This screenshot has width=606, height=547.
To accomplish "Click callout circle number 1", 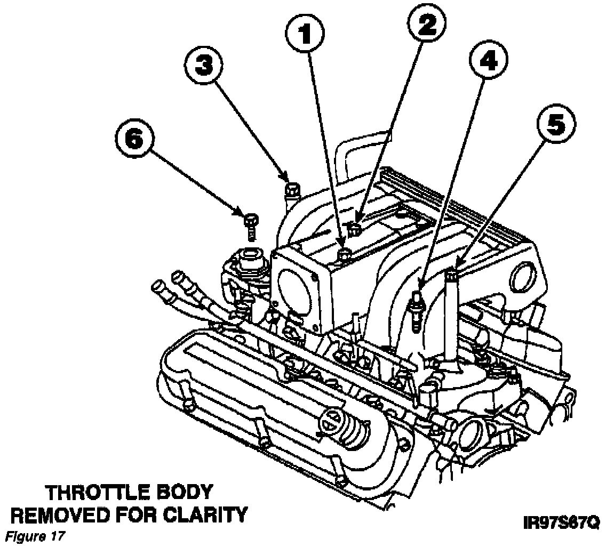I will click(x=305, y=36).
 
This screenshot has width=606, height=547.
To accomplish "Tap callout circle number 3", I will click(x=204, y=67).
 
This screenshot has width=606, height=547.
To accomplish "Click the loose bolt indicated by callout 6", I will click(x=250, y=224).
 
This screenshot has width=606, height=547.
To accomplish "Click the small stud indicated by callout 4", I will click(x=416, y=308).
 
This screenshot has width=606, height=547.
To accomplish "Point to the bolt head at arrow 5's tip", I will click(x=452, y=275).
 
